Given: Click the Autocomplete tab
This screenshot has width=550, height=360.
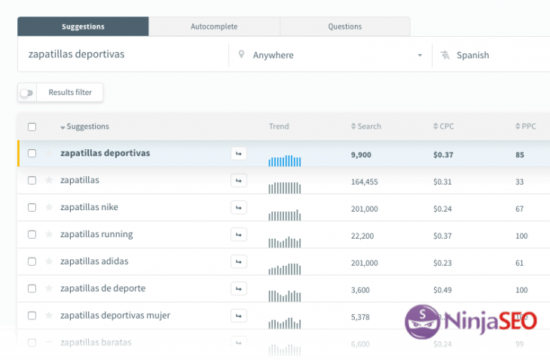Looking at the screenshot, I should (214, 27).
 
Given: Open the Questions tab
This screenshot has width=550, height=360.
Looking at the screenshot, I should (344, 27).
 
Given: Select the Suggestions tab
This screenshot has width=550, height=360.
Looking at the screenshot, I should (83, 27).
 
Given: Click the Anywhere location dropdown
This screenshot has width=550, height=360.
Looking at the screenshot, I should (330, 55).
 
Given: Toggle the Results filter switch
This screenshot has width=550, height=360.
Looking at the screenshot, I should (27, 93).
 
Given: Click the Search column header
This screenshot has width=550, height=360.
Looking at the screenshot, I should (366, 127).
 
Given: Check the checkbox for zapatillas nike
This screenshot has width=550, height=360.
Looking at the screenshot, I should (32, 208).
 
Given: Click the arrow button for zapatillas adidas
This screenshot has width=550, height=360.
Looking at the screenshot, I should (239, 261).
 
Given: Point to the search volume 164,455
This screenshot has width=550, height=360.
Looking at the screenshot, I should (365, 181).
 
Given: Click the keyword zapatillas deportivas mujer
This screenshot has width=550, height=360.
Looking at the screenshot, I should (115, 316).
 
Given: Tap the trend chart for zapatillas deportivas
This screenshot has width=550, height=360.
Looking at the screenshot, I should (285, 160).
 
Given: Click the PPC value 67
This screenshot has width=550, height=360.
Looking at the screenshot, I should (520, 208).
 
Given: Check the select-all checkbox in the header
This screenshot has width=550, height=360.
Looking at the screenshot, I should (32, 127).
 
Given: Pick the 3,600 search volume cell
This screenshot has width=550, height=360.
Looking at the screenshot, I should (360, 288).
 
